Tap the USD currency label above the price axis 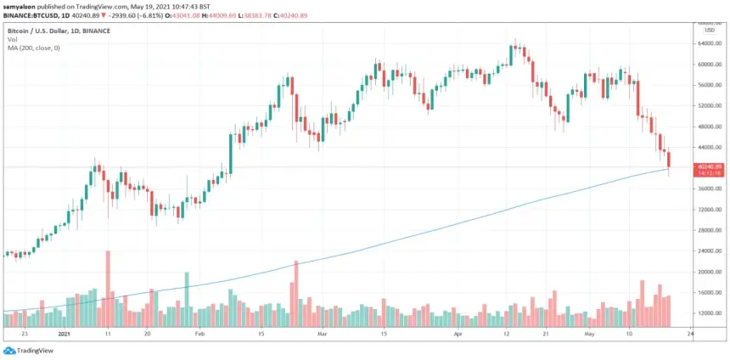click(709, 31)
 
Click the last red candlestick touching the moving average click(669, 160)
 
